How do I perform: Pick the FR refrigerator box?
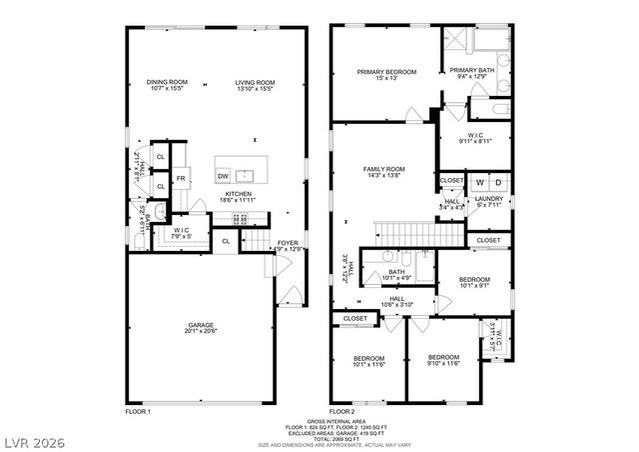pos(181,179)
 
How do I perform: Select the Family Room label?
pos(383,169)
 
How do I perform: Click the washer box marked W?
pos(480,183)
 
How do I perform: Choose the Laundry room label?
pos(488,199)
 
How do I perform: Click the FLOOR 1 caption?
pos(138,411)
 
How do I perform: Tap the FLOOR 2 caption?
pos(342,411)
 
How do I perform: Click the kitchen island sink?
pos(242,175)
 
